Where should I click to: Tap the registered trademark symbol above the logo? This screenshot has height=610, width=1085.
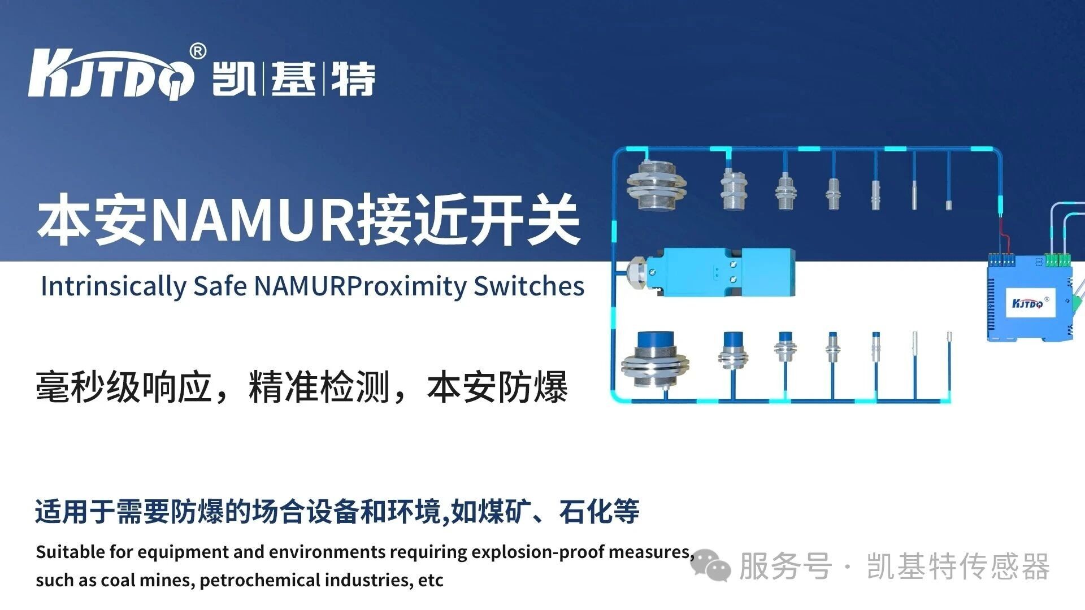coord(197,51)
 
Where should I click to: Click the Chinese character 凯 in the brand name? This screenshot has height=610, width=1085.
coord(233,79)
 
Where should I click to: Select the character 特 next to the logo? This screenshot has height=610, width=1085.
coord(353,79)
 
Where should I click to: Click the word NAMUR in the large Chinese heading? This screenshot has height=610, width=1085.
coord(254,220)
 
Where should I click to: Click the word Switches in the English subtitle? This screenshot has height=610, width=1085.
coord(528,286)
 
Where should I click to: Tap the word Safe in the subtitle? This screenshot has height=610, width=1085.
coord(220,286)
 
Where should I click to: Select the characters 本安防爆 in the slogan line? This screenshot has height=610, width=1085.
coord(497,388)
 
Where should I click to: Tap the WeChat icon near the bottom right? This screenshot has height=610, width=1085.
coord(710,565)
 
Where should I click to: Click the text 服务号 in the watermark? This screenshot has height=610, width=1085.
coord(785,567)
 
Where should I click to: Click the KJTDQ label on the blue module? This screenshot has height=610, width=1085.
coord(1027,304)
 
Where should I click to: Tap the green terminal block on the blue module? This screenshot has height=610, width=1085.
coord(1057,260)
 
